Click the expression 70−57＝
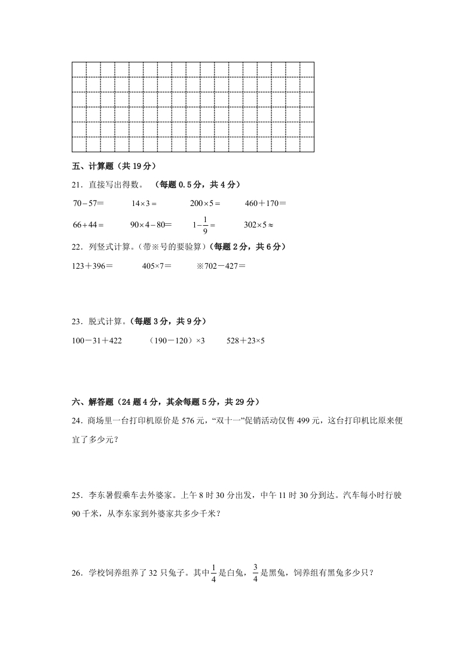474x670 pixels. [88, 204]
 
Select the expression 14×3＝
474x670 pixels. [143, 204]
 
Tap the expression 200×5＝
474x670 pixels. [205, 204]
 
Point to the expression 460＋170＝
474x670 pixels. [265, 204]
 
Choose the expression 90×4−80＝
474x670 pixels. [151, 225]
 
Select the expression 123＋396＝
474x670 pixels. [92, 265]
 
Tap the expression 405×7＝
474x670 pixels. [157, 265]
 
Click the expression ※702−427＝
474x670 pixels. [221, 265]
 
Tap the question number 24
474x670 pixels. [77, 420]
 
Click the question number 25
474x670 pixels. [77, 495]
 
